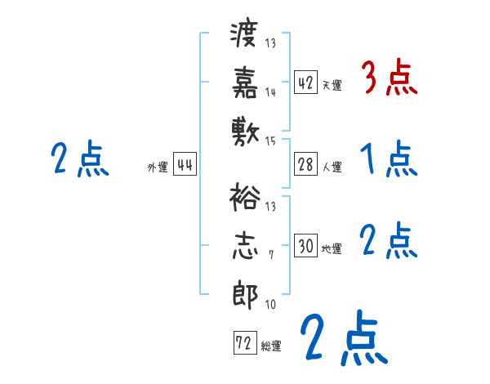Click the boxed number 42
[x=305, y=83]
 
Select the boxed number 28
[x=305, y=165]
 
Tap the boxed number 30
[x=305, y=247]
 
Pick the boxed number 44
[x=185, y=165]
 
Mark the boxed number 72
[x=243, y=343]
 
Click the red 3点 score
[x=389, y=79]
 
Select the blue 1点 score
[x=389, y=160]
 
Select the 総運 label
[x=270, y=346]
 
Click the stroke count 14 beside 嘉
[x=270, y=92]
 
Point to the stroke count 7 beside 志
[x=270, y=256]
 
